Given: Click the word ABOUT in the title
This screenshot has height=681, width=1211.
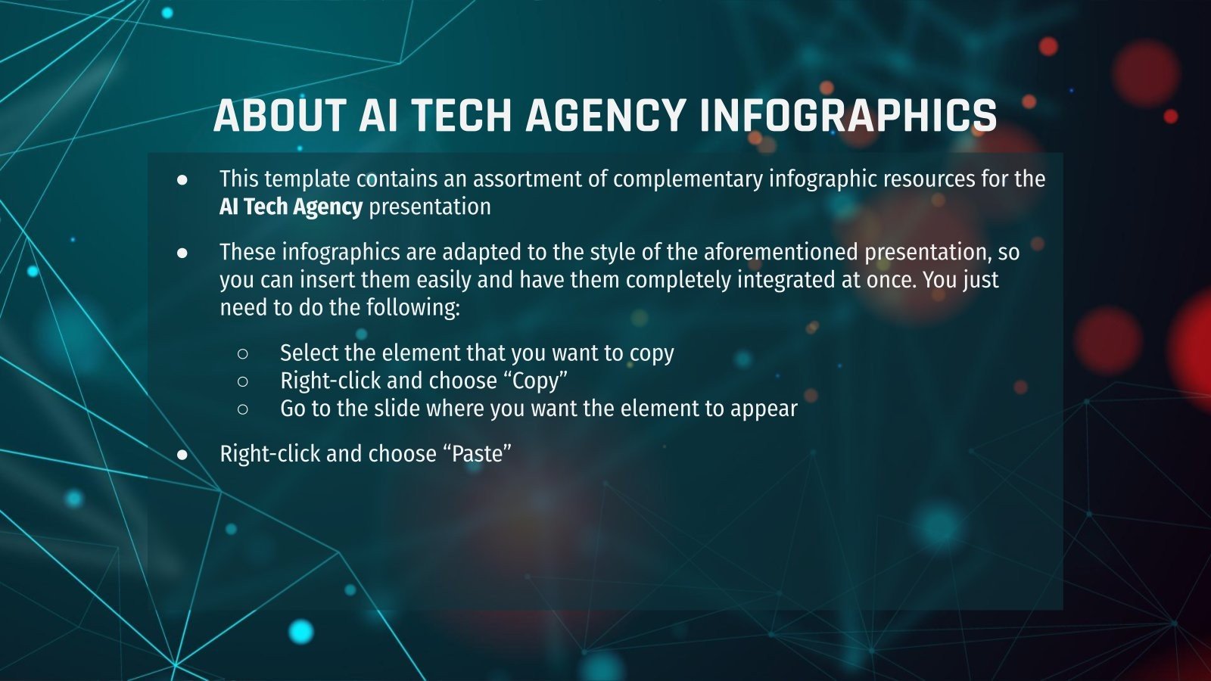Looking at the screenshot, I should click(x=279, y=117).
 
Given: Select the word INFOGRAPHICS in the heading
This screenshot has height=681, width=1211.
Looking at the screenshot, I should click(x=848, y=117).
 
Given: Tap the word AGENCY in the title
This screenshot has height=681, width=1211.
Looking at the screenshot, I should click(x=605, y=117).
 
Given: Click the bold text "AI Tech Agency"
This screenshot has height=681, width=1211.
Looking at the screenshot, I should click(x=291, y=207).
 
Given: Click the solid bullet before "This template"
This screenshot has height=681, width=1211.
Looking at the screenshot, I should click(x=182, y=180).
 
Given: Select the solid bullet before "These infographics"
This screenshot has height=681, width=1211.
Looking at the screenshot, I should click(x=182, y=253).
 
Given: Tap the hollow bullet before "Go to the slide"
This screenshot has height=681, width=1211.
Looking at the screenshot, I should click(x=243, y=409).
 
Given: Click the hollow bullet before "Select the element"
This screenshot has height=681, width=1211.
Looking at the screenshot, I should click(x=243, y=353).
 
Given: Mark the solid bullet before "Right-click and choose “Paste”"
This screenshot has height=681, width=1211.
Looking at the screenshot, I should click(x=182, y=454).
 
